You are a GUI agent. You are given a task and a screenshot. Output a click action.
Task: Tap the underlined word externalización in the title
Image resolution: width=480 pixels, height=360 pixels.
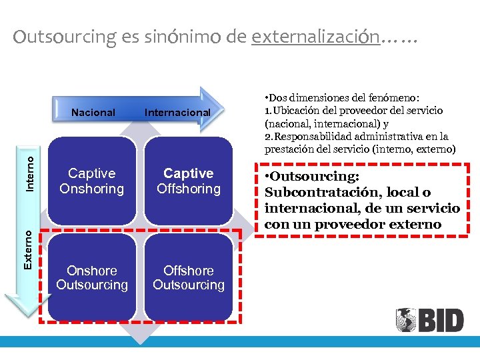315,37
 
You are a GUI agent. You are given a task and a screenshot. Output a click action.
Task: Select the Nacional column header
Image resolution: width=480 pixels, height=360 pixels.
93,113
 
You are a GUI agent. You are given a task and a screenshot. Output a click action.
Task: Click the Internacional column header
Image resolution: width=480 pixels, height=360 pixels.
177,113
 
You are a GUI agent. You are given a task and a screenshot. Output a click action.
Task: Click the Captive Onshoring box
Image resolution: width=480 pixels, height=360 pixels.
92,181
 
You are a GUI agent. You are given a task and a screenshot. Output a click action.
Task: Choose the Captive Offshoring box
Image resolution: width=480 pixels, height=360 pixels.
189,181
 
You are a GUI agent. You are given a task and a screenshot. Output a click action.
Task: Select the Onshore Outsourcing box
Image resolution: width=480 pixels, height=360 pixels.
92,278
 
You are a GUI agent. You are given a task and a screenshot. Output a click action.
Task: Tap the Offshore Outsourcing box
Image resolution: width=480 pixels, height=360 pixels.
189,278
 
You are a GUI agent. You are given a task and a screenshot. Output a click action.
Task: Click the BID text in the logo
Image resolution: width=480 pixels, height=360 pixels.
440,321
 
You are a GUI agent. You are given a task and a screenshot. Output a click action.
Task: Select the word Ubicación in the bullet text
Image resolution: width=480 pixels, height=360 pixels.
297,110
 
